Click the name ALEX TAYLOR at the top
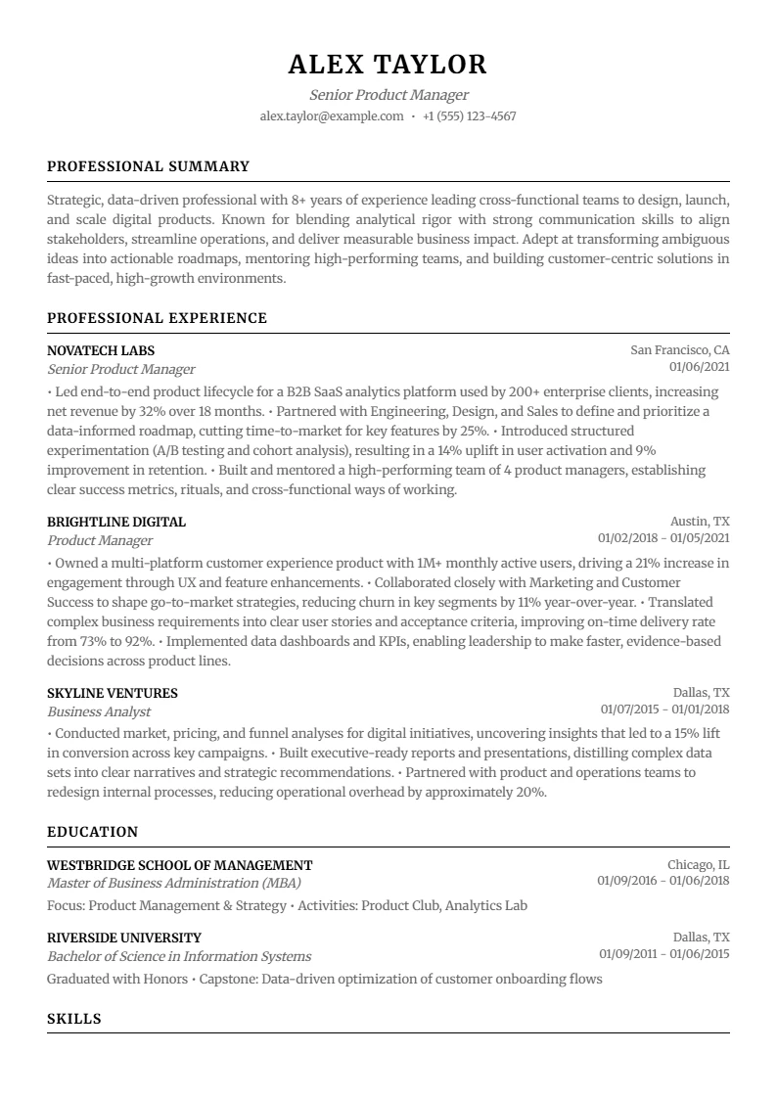[x=388, y=66]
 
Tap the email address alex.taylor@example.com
[x=332, y=116]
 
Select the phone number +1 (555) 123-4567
[x=470, y=116]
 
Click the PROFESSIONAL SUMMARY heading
[x=148, y=166]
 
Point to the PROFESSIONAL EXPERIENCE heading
[x=157, y=318]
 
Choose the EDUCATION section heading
[x=93, y=832]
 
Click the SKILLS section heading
[x=74, y=1019]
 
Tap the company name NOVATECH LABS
[x=101, y=350]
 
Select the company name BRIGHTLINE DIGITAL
[x=116, y=522]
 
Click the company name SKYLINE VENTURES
[x=113, y=693]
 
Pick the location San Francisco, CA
[x=680, y=350]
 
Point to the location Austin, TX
[x=700, y=522]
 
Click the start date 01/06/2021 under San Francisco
[x=699, y=367]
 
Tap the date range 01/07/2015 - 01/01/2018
[x=664, y=710]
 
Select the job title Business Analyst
[x=99, y=711]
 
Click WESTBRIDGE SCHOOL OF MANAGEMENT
[x=180, y=865]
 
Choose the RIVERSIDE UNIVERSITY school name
[x=124, y=938]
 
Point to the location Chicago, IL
[x=698, y=865]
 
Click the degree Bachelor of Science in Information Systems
[x=179, y=956]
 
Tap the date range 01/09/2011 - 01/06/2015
[x=664, y=954]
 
